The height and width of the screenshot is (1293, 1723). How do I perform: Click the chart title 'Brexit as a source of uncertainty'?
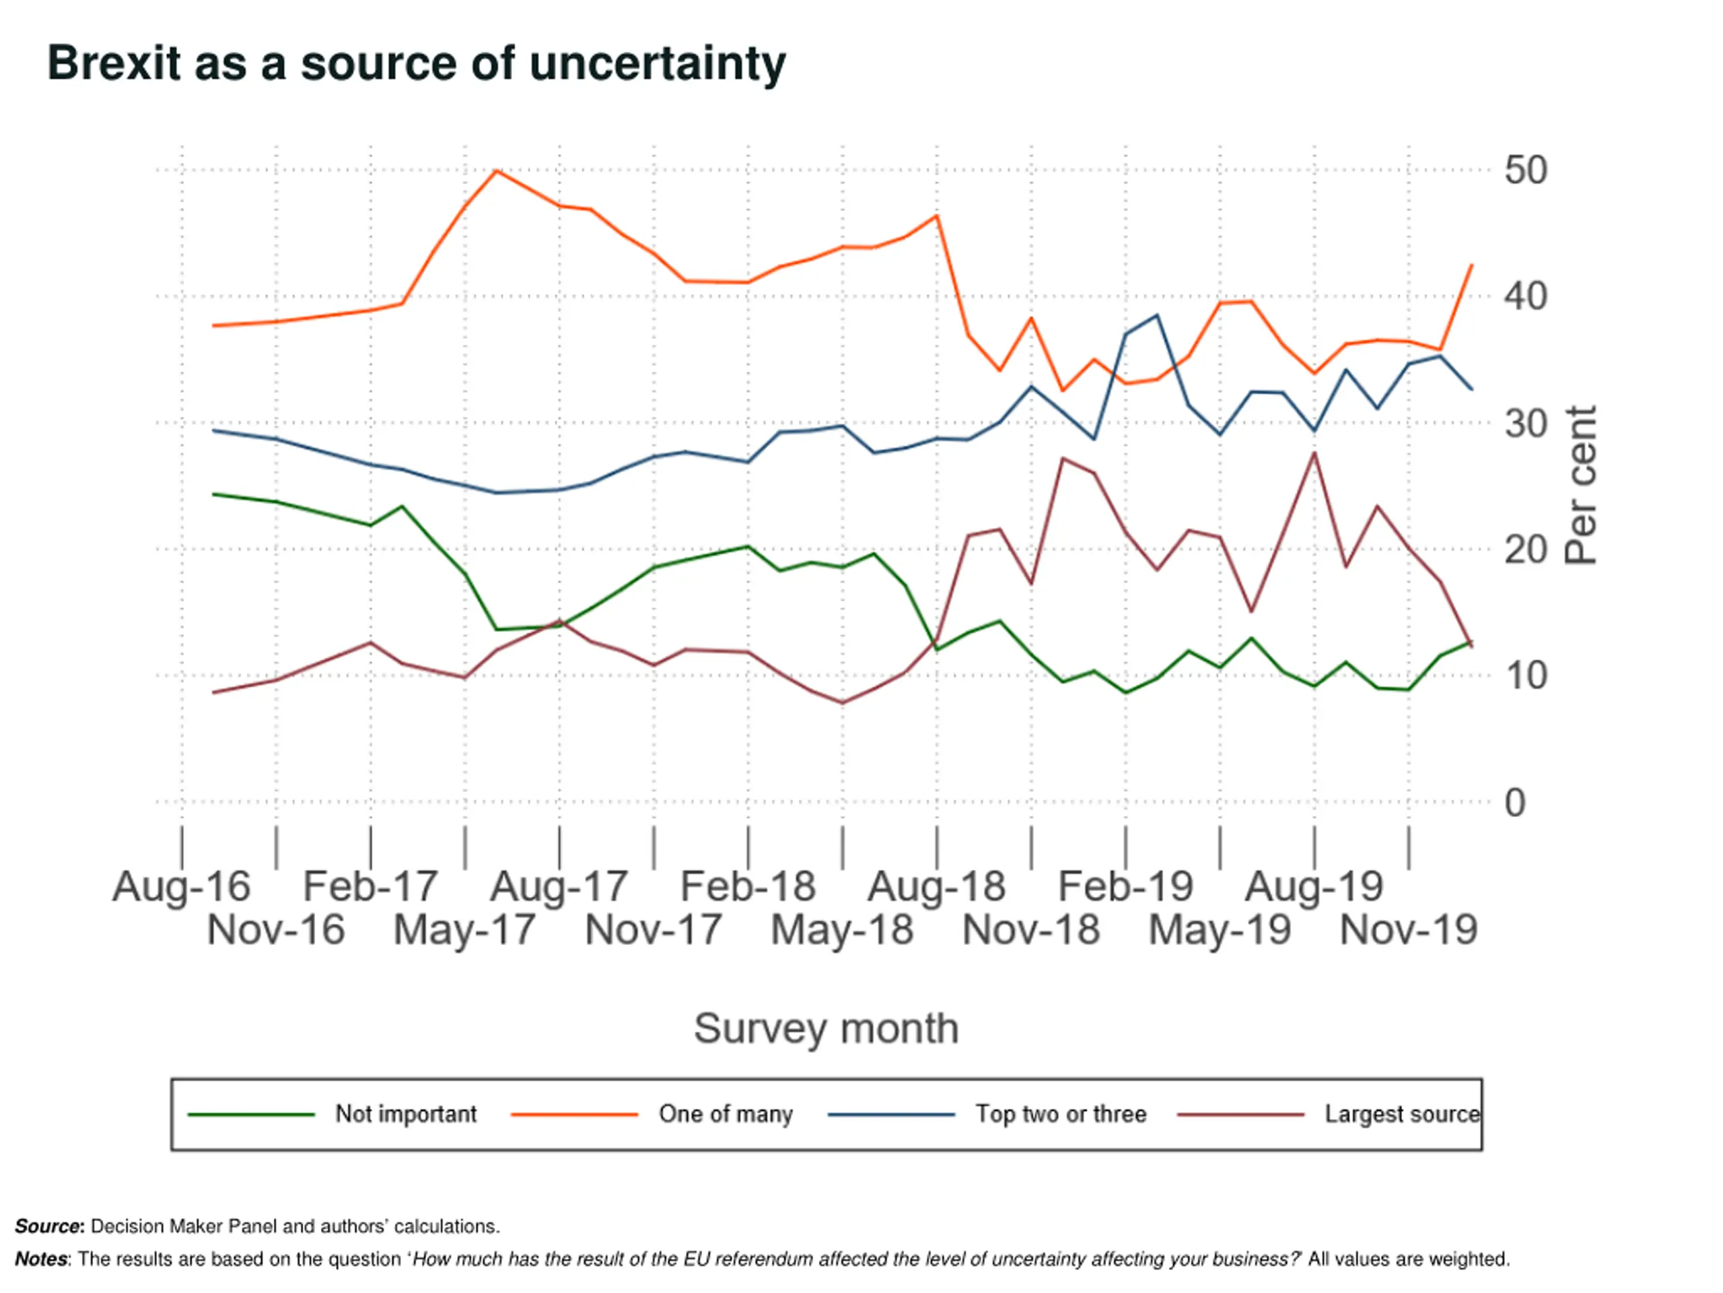coord(417,64)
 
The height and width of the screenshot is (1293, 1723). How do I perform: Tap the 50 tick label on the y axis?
coord(1525,170)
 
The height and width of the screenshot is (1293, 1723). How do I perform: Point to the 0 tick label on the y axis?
coord(1515,803)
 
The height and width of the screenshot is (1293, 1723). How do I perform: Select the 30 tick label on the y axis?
coord(1525,425)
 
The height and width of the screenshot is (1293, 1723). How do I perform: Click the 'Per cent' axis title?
coord(1581,485)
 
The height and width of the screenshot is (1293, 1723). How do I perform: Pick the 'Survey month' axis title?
coord(826,1028)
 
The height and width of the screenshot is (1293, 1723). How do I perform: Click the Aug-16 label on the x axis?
coord(182,886)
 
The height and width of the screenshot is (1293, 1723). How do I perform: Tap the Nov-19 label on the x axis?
coord(1408,930)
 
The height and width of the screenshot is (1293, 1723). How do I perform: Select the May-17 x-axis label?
coord(465,930)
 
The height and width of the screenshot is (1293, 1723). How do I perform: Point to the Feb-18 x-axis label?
coord(748,886)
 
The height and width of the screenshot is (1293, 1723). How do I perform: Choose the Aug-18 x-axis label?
coord(936,886)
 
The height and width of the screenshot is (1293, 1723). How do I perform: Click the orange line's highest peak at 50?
coord(496,170)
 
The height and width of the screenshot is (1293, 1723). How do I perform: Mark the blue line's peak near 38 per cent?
coord(1158,315)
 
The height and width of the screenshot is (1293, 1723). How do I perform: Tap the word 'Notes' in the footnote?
coord(41,1259)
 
